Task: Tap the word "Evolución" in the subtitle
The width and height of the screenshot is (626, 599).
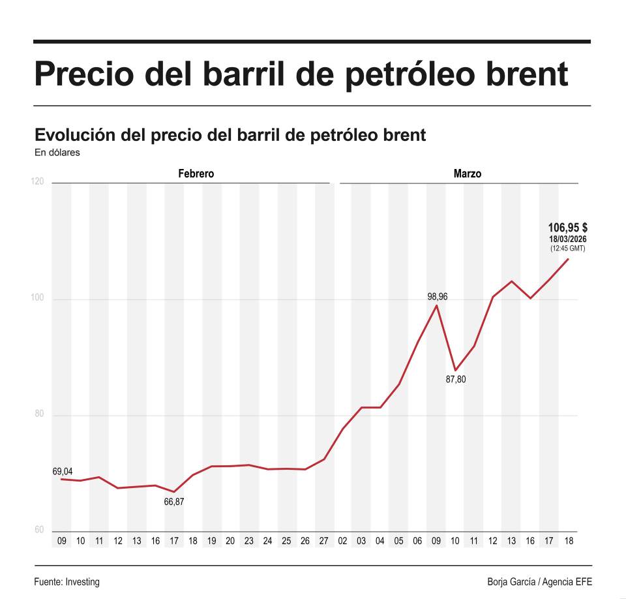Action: click(75, 135)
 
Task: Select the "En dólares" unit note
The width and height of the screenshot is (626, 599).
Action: click(57, 153)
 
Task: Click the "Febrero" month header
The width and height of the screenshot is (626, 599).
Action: click(196, 174)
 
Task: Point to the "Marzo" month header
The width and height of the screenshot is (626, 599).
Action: click(468, 174)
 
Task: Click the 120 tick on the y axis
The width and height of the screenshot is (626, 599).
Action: click(38, 181)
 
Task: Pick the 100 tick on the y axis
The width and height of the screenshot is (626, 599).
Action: click(38, 298)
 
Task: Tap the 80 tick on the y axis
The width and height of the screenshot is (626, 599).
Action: click(40, 414)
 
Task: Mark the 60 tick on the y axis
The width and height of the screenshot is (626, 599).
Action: click(40, 529)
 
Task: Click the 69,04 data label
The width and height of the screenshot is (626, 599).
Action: click(63, 471)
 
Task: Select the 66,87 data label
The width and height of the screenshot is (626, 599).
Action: click(174, 502)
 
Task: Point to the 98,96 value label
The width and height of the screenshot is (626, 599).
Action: click(437, 297)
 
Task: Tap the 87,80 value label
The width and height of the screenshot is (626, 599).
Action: click(456, 379)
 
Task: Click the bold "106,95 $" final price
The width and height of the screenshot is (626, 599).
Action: click(567, 228)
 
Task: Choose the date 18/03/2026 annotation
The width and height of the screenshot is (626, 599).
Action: click(567, 239)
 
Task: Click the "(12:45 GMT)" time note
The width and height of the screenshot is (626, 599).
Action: click(567, 249)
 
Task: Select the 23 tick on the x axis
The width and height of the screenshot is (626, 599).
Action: click(248, 541)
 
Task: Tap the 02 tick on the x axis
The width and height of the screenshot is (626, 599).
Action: click(342, 541)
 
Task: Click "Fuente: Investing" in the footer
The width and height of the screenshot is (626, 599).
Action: click(67, 581)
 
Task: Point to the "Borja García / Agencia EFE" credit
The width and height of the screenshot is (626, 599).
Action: click(539, 581)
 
